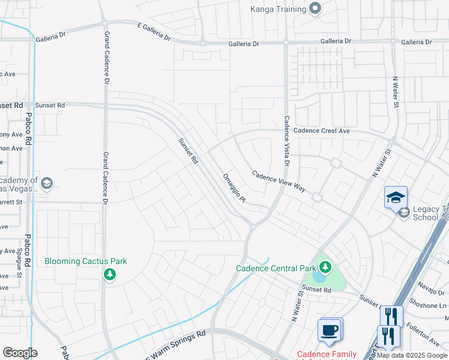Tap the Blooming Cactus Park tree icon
109,274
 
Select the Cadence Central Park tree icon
324,267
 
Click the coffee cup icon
330,329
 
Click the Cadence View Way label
279,182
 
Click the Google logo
20,353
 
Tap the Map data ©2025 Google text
412,355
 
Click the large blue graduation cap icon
396,197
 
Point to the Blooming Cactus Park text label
86,261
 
